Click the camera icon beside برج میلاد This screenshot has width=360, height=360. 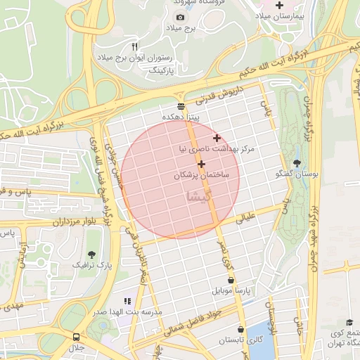(x=181, y=17)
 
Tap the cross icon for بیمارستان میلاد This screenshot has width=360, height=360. (x=280, y=5)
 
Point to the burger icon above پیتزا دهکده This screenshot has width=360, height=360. (x=181, y=106)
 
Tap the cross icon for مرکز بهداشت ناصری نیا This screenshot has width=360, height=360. (x=217, y=138)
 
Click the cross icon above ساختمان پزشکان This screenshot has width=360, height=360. (x=202, y=164)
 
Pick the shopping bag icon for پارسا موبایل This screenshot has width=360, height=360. (x=231, y=280)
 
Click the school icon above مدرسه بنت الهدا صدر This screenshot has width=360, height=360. (x=127, y=300)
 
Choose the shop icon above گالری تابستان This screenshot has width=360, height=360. (x=241, y=329)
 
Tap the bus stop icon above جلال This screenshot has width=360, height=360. (x=76, y=337)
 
